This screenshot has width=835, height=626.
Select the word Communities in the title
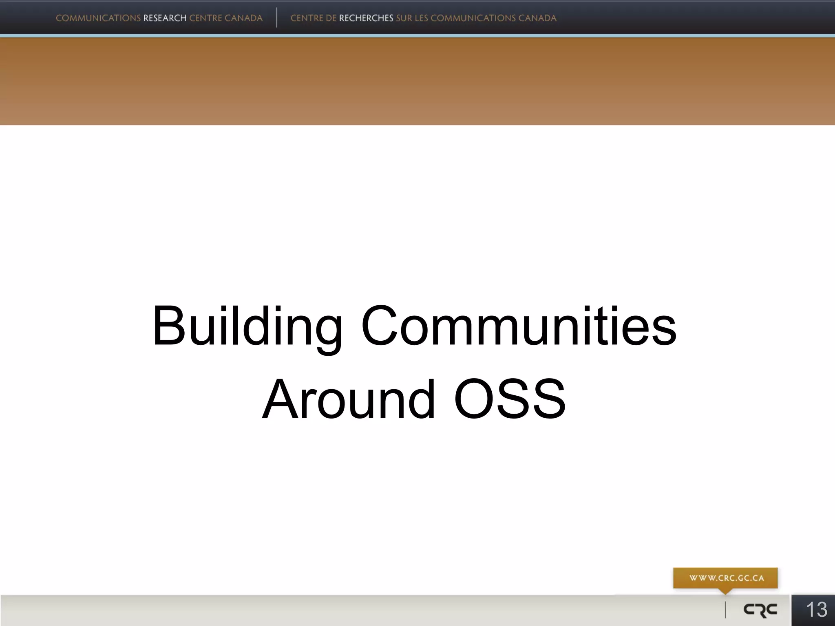click(519, 326)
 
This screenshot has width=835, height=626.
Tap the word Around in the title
click(349, 399)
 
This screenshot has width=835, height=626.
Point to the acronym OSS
click(510, 399)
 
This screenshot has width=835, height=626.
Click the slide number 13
click(816, 610)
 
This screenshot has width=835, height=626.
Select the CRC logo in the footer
click(760, 610)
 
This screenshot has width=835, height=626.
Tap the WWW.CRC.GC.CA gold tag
click(726, 578)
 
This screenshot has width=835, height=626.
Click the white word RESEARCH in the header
click(165, 18)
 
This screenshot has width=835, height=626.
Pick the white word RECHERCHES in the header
click(366, 18)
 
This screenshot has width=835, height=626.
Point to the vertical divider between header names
click(276, 18)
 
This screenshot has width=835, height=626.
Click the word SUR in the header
click(404, 18)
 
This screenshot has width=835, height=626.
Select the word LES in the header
click(422, 18)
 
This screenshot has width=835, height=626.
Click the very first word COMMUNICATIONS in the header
click(98, 18)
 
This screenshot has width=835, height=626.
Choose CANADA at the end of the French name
click(537, 18)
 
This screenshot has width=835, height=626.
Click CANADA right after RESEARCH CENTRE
click(243, 18)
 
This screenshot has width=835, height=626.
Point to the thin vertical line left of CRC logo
click(725, 610)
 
